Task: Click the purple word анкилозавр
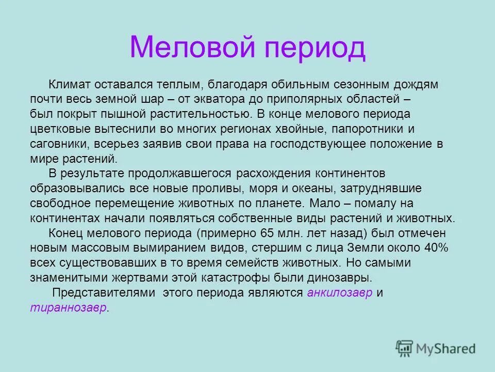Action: click(x=340, y=292)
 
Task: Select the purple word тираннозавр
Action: click(x=69, y=307)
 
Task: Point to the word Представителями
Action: click(x=97, y=292)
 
